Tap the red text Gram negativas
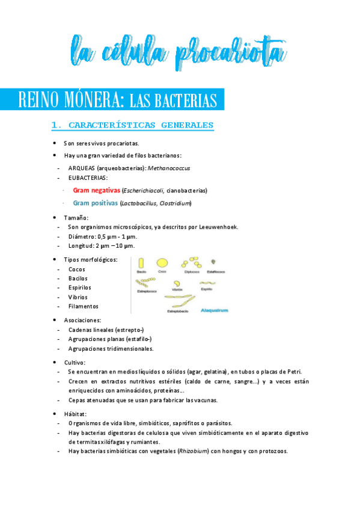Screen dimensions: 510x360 click(x=96, y=190)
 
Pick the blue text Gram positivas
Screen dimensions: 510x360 click(x=96, y=203)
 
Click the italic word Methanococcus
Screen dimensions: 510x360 click(x=182, y=168)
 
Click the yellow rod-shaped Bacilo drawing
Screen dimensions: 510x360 click(x=141, y=263)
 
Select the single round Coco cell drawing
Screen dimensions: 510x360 click(x=162, y=262)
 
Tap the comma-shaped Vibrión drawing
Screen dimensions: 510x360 click(x=177, y=283)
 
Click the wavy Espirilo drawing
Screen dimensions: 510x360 click(x=207, y=282)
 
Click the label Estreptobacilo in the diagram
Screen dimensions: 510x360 click(x=178, y=311)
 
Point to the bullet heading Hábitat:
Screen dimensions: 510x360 click(x=75, y=414)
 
